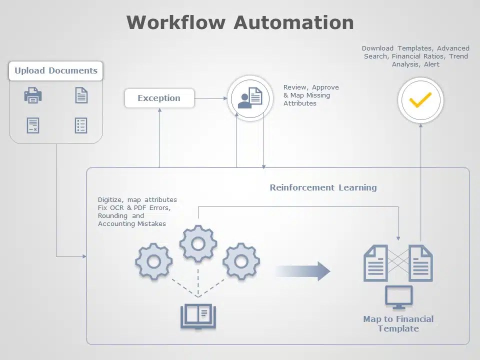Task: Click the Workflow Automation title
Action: [x=240, y=22]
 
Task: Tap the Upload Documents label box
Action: [x=55, y=70]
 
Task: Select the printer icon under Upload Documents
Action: [x=33, y=95]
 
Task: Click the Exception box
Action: [x=159, y=98]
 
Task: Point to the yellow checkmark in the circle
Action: [x=420, y=100]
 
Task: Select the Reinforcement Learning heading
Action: [x=323, y=187]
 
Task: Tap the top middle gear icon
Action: [x=198, y=244]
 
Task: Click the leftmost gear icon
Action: [x=154, y=261]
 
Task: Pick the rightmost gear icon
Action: [x=241, y=261]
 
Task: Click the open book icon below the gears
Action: [x=198, y=316]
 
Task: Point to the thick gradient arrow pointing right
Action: [x=302, y=271]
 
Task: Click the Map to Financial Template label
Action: [x=398, y=323]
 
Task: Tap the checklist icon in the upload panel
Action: [x=81, y=125]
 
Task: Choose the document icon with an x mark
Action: [x=33, y=125]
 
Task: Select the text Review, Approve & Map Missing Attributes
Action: [x=310, y=95]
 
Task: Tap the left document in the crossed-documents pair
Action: [x=375, y=263]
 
